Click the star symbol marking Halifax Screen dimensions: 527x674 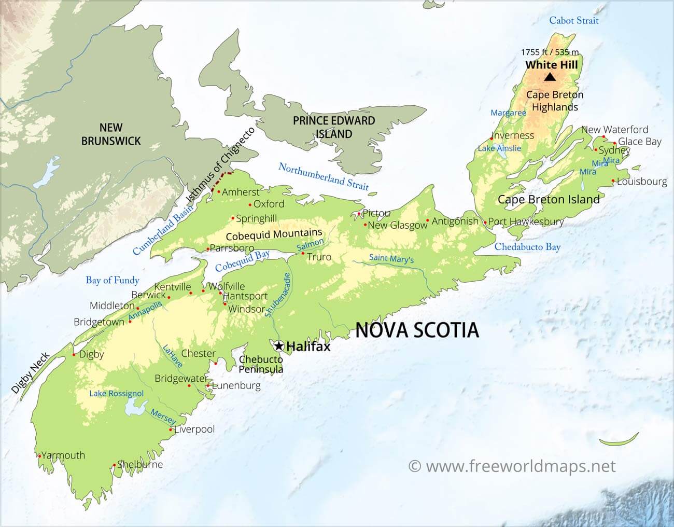click(279, 346)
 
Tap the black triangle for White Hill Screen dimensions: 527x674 click(550, 77)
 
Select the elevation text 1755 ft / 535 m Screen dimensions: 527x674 click(550, 52)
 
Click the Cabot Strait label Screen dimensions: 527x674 click(573, 21)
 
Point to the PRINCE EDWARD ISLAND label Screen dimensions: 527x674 click(334, 127)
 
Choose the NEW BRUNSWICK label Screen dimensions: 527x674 click(111, 134)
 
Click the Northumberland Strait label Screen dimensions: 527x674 click(324, 176)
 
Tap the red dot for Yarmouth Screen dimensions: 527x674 click(39, 456)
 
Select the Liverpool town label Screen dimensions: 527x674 click(194, 429)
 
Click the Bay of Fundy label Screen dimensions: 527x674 click(113, 281)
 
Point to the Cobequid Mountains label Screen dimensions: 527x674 click(274, 234)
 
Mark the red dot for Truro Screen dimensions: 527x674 click(303, 253)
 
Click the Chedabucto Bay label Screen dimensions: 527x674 click(527, 247)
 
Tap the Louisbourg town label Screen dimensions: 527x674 click(642, 182)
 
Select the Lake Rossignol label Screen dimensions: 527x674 click(116, 394)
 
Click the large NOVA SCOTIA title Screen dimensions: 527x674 click(417, 330)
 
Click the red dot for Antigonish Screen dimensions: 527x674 click(427, 221)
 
